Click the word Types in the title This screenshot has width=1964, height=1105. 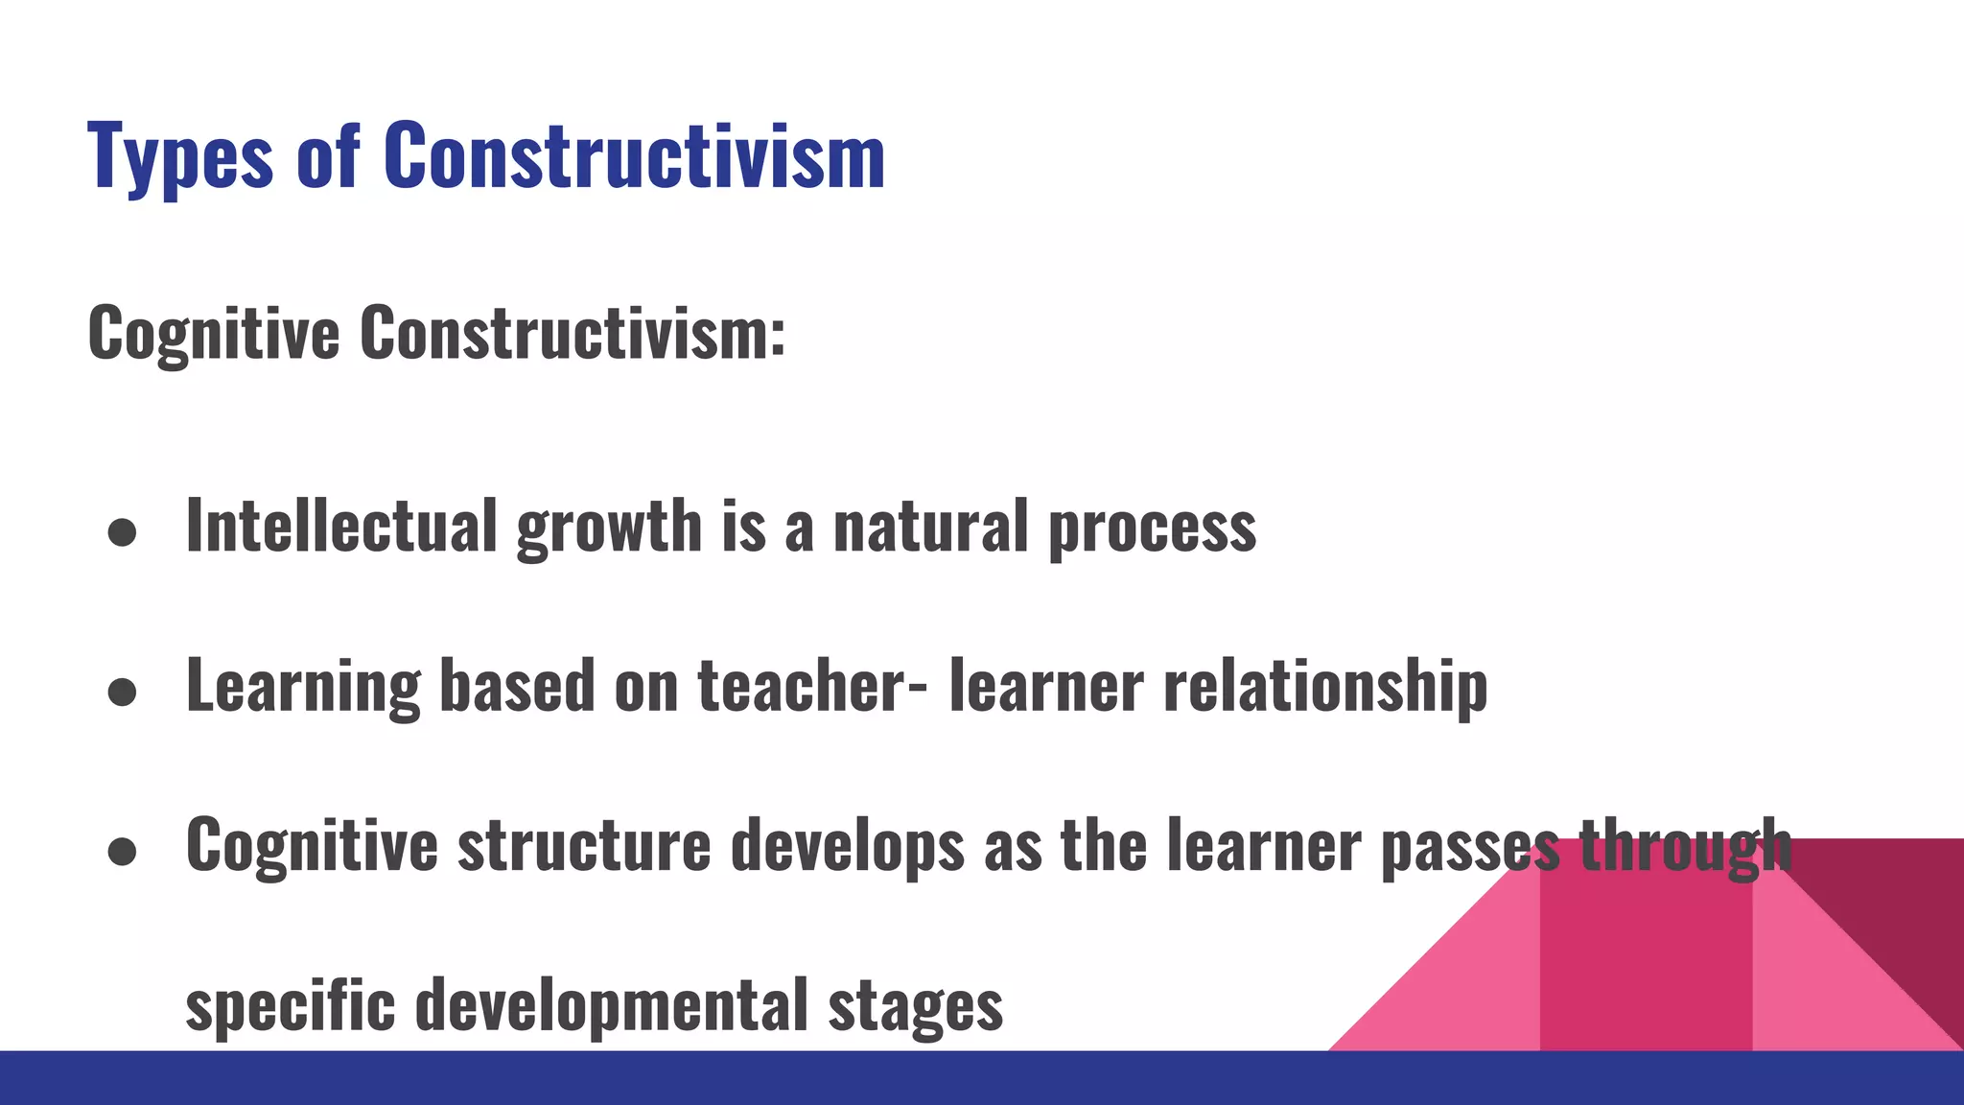[x=179, y=155]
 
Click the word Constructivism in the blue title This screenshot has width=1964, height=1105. [x=634, y=155]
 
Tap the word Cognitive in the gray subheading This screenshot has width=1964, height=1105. [x=213, y=334]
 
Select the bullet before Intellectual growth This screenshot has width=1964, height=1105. [x=122, y=533]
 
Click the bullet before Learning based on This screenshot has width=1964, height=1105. [x=122, y=693]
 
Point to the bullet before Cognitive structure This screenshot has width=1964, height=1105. [x=122, y=852]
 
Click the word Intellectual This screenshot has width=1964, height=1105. [x=341, y=526]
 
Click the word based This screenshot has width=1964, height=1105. [x=517, y=686]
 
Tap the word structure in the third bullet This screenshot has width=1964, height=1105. [x=584, y=846]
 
